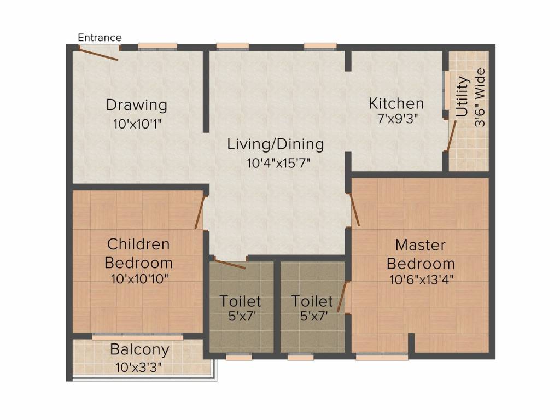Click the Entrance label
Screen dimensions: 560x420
coord(100,38)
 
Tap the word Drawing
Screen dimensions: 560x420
coord(137,106)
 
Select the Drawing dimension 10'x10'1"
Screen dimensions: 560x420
coord(137,124)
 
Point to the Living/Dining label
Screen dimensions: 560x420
coord(276,144)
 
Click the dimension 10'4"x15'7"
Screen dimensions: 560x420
coord(278,163)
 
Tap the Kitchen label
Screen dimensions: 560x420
coord(396,103)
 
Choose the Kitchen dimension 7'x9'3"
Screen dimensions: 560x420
coord(398,119)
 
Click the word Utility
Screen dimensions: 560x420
coord(462,96)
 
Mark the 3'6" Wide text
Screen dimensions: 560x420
coord(480,97)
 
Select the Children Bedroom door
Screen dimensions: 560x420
coord(200,212)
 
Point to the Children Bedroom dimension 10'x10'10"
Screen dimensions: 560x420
coord(139,279)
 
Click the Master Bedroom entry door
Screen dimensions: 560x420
coord(354,209)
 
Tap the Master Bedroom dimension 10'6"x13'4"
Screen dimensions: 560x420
coord(422,279)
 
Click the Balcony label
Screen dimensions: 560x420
coord(139,349)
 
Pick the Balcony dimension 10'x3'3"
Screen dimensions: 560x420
coord(138,367)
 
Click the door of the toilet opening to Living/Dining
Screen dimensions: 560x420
coord(230,264)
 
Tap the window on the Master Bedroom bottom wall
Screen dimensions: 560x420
coord(382,356)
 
